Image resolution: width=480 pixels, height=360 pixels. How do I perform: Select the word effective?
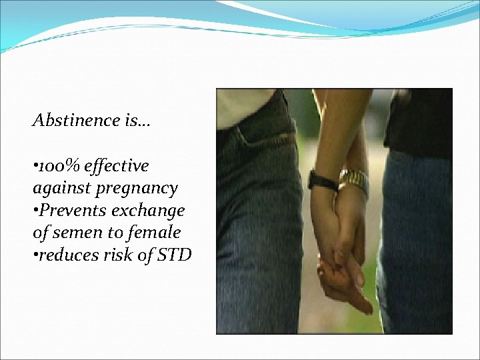(x=121, y=165)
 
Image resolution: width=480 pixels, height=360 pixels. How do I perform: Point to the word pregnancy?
(x=136, y=189)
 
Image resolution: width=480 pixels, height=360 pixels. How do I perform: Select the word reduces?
(x=66, y=255)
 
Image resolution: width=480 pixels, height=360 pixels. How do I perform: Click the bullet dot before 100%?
(x=35, y=166)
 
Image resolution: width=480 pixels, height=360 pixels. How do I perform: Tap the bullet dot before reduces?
(x=35, y=255)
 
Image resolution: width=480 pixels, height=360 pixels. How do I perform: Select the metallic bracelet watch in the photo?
(x=354, y=182)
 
